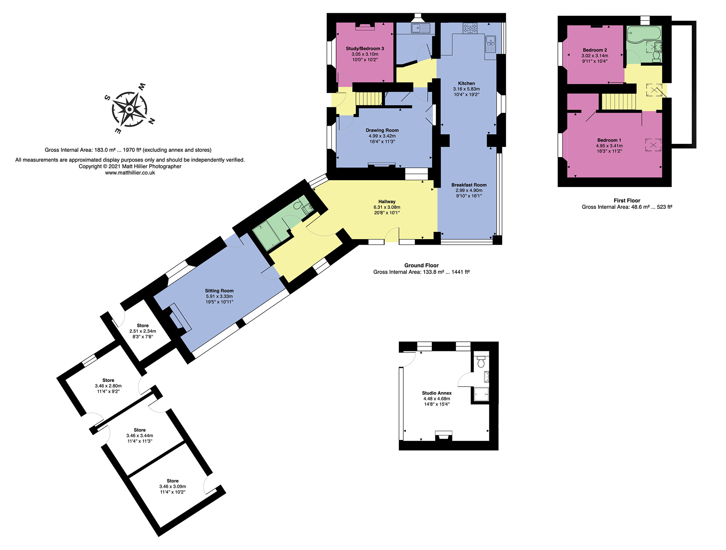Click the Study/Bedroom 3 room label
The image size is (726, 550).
(x=365, y=48)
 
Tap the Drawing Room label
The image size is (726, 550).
(x=382, y=130)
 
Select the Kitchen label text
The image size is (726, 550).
(x=466, y=83)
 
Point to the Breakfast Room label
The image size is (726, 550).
(x=469, y=185)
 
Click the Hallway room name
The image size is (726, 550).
(x=387, y=202)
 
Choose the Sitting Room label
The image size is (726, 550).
(x=219, y=291)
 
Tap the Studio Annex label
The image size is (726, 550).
(x=437, y=393)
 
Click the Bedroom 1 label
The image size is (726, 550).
(x=609, y=140)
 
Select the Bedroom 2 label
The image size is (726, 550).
(x=595, y=50)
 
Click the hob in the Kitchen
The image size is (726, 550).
(x=470, y=28)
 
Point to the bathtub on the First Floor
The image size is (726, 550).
(x=644, y=34)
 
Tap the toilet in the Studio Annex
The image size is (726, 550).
(x=481, y=362)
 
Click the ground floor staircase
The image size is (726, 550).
(x=369, y=99)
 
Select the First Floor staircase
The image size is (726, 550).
(x=619, y=102)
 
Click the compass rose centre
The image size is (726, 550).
(x=129, y=110)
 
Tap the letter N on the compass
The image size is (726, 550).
(x=152, y=121)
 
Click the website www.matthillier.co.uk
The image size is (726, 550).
(x=130, y=173)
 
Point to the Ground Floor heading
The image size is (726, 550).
(x=421, y=266)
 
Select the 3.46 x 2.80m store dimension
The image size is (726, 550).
(x=108, y=386)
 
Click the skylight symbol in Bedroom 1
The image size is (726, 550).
(x=653, y=145)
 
